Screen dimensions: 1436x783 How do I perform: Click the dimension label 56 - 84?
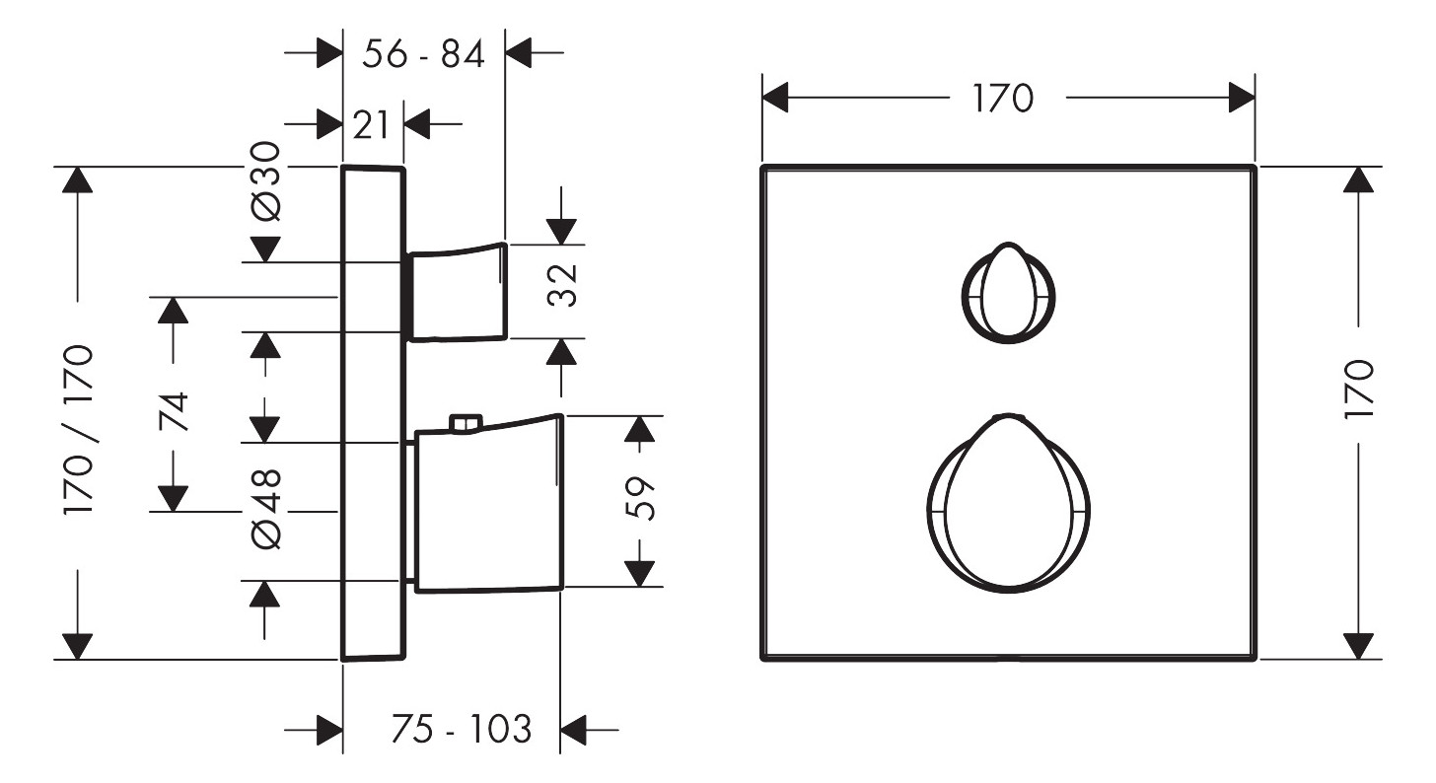(x=423, y=54)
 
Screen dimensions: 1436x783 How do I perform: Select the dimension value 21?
(x=371, y=124)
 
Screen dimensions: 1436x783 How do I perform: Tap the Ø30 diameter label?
(x=266, y=181)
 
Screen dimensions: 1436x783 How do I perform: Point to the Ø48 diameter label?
(x=266, y=510)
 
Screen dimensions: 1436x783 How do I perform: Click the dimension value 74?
(x=175, y=411)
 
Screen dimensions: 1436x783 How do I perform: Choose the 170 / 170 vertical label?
(x=79, y=429)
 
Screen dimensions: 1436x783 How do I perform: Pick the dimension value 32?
(x=563, y=285)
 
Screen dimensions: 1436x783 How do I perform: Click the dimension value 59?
(x=639, y=498)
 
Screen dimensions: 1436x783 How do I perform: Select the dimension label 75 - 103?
(x=462, y=729)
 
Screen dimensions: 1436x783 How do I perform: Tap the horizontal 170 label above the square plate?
(x=1003, y=99)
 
